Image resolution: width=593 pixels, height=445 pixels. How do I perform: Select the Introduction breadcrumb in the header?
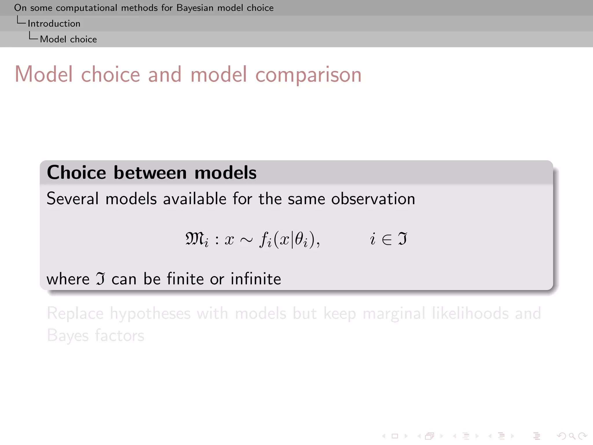click(x=54, y=23)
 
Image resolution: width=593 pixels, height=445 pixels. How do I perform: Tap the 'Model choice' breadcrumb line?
click(x=68, y=39)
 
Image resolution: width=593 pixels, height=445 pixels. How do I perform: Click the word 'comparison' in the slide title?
click(x=308, y=75)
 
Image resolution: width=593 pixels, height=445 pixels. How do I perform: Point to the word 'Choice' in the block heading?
click(x=76, y=173)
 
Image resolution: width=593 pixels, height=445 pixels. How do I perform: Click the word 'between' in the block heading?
click(x=150, y=173)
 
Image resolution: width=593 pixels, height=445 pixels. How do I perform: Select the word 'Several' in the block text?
click(x=73, y=199)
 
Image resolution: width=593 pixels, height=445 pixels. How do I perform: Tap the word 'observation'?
click(x=373, y=199)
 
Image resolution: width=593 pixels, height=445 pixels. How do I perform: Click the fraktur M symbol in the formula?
click(x=194, y=239)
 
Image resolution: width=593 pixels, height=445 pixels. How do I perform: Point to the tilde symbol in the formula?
click(x=246, y=240)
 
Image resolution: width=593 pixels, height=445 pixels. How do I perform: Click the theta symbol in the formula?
click(x=299, y=239)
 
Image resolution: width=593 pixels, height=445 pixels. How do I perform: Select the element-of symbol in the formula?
click(x=387, y=240)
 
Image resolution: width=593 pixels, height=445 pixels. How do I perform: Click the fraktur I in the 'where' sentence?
click(x=100, y=279)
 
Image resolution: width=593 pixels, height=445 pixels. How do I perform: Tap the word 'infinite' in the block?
click(x=256, y=279)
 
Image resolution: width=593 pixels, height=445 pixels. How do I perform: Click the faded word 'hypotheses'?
click(x=150, y=314)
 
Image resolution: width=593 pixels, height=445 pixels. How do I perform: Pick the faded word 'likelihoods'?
click(x=470, y=313)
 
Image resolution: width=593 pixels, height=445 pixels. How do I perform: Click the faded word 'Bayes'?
click(x=68, y=336)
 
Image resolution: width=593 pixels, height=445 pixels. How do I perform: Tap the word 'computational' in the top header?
click(x=86, y=8)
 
